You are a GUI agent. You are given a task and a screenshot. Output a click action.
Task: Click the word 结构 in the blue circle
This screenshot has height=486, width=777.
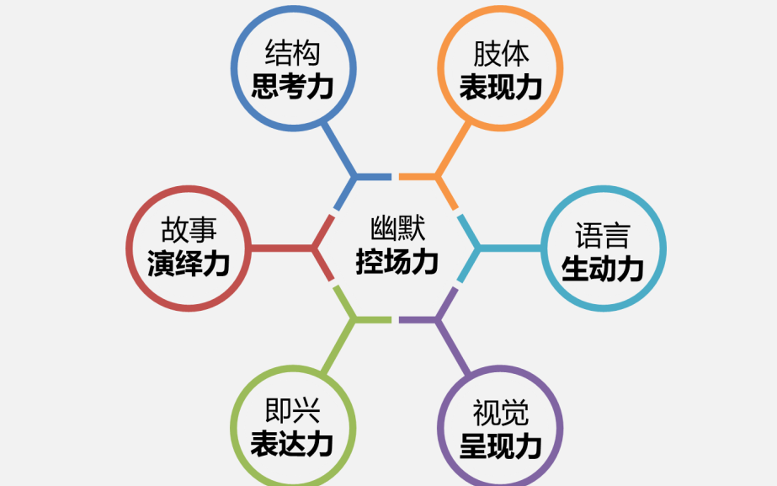coord(293,55)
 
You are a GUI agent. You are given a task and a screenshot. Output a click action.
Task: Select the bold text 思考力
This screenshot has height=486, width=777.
coord(293,87)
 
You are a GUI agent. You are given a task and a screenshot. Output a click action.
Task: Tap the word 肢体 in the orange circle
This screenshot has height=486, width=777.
coord(500,55)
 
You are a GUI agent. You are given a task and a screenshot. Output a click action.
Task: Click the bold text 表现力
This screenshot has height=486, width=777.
coord(500,87)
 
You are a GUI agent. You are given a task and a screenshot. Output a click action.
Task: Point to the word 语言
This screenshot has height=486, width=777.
coord(603,235)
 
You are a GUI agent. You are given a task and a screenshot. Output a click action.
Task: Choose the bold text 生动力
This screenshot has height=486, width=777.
coord(603,268)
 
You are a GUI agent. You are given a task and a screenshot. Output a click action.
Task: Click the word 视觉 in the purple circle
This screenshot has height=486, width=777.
coord(500,414)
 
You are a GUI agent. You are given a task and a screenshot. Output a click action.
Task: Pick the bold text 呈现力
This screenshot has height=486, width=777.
coord(500,446)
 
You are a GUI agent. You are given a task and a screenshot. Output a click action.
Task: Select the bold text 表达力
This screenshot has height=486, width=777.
coord(293,444)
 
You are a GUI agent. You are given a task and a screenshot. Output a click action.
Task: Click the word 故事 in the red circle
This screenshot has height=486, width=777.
coord(189,231)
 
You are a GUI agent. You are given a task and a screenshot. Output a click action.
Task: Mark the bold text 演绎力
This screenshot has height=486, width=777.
coord(189,264)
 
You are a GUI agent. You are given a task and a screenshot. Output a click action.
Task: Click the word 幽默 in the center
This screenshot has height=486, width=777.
coord(397,229)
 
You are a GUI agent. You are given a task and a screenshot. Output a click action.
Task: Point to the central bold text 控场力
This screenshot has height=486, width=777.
coord(397,262)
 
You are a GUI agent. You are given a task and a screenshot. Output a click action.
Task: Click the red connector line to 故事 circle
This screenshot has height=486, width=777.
coord(282,248)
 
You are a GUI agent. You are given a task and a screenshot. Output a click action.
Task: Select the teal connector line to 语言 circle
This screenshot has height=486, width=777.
coord(509,248)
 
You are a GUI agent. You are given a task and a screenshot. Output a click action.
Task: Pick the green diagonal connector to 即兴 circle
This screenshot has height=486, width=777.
coord(339,345)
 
